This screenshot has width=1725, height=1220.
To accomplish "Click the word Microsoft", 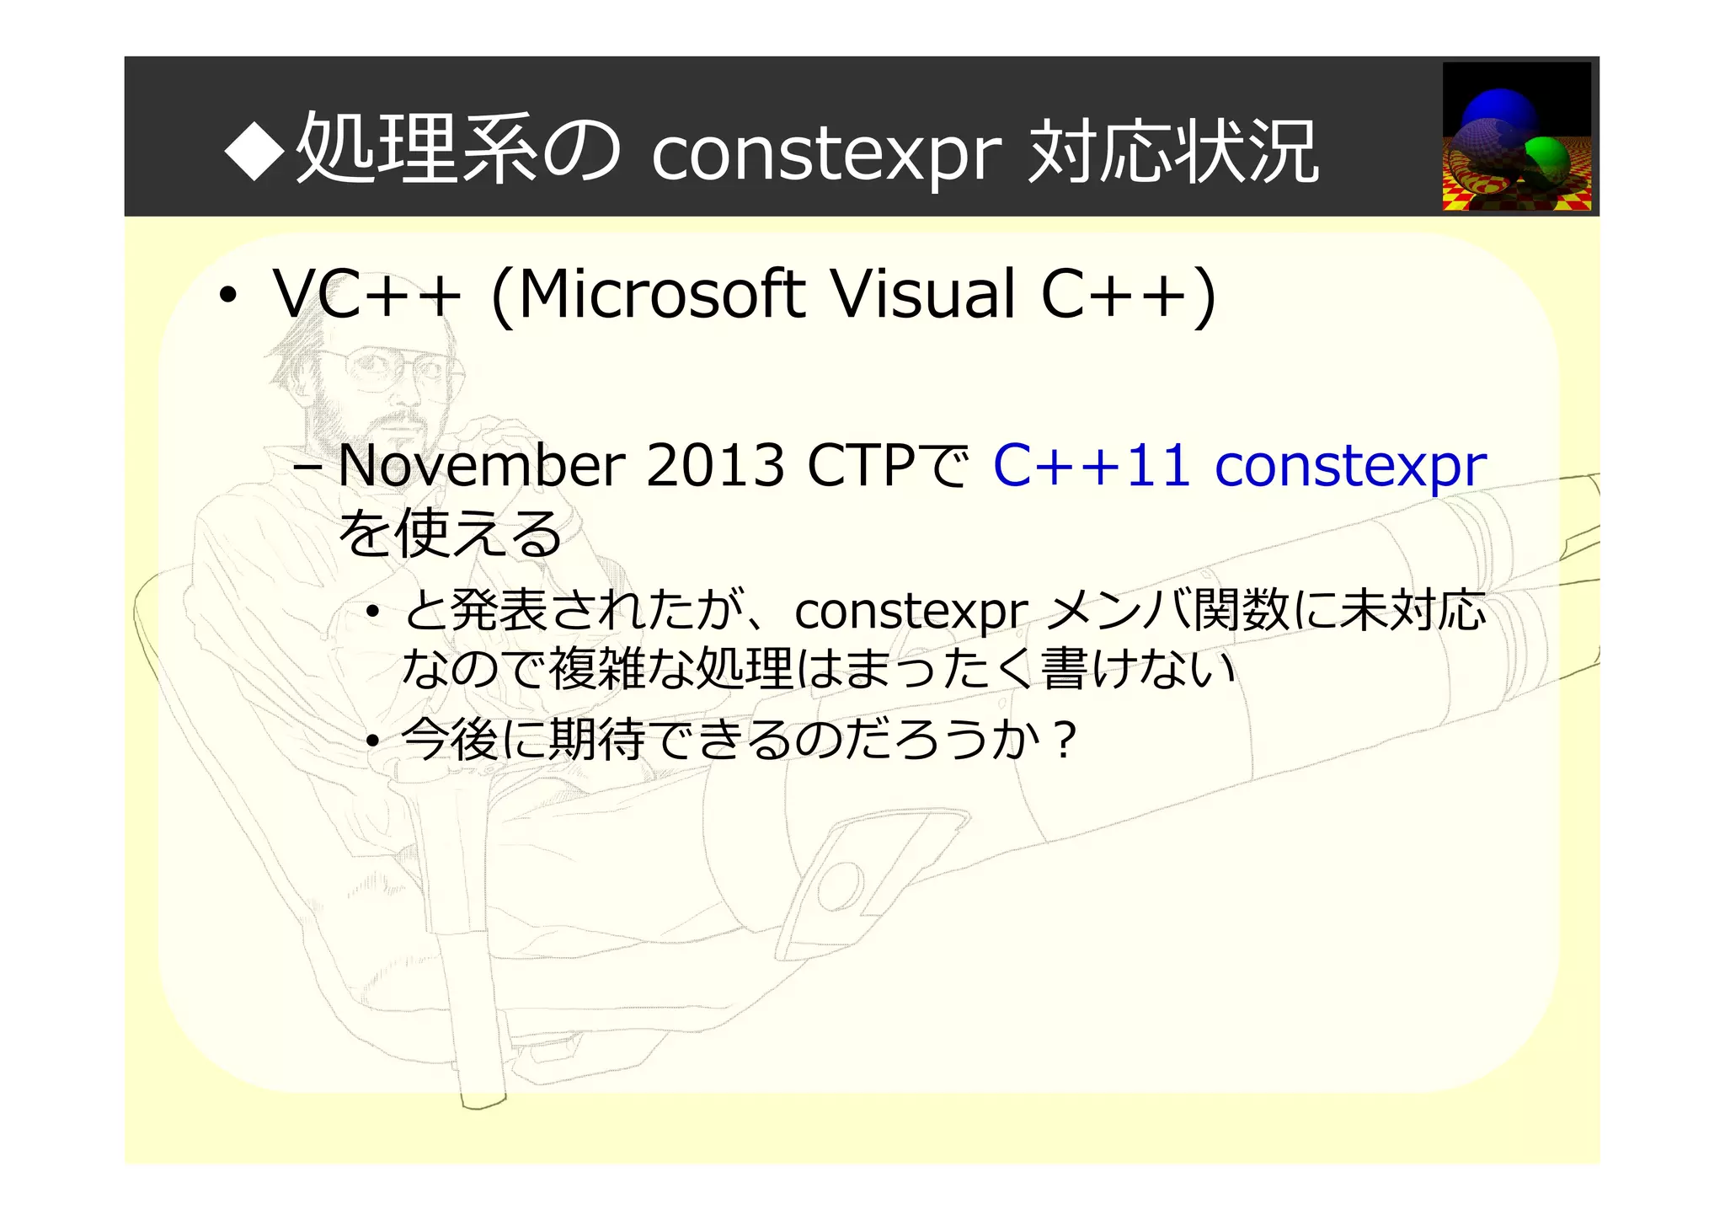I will (x=661, y=295).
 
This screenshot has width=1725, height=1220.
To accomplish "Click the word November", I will (x=481, y=466).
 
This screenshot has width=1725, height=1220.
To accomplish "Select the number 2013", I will (x=715, y=466).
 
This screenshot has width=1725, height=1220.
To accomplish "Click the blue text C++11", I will (x=1092, y=466).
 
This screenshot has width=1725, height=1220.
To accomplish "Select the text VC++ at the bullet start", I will (x=367, y=295).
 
